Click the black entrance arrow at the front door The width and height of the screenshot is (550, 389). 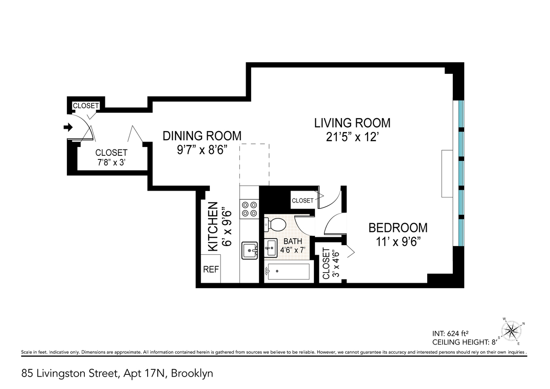click(x=68, y=127)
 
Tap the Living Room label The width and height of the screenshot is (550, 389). click(x=352, y=123)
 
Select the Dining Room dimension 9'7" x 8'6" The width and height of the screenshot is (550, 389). click(x=202, y=149)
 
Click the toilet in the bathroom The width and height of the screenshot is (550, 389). click(x=275, y=225)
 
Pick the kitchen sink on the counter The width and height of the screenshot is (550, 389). click(x=249, y=251)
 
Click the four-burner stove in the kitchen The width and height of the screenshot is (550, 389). click(x=249, y=209)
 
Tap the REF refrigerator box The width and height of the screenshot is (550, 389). click(x=211, y=269)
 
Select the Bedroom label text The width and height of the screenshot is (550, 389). click(x=398, y=228)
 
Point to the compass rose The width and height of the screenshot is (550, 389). click(x=511, y=332)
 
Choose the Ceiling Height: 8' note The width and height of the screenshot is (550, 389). click(x=465, y=342)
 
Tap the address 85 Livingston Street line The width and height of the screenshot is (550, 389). click(x=117, y=373)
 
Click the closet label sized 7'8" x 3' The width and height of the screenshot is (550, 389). click(x=111, y=157)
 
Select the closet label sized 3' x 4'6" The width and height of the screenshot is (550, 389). click(x=331, y=263)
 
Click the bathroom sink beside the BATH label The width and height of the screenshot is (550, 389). click(x=271, y=248)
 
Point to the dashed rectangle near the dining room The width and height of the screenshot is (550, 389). click(x=254, y=164)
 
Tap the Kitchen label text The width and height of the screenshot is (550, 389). click(x=213, y=226)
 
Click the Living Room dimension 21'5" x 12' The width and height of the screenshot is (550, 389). click(x=351, y=137)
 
